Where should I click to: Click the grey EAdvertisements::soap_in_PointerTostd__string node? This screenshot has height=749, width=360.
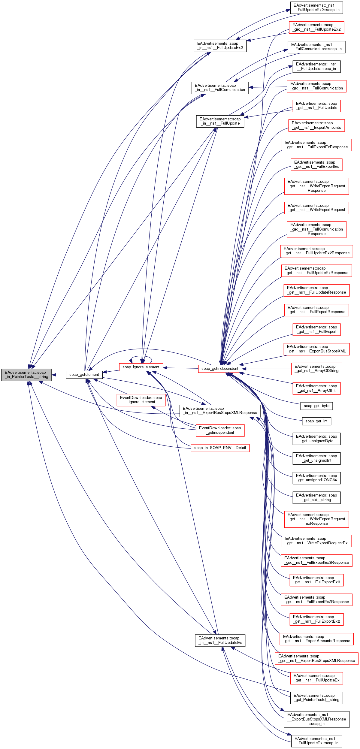pos(26,375)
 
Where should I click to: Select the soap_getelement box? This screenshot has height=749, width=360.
pos(84,375)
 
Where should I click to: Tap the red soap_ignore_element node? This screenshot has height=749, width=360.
pos(141,367)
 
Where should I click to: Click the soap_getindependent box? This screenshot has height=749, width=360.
pos(220,369)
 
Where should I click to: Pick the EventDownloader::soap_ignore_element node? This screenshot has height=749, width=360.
pos(141,400)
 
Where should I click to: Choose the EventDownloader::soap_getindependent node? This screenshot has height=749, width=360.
pos(220,430)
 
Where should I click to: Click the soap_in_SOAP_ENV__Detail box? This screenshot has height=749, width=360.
pos(220,448)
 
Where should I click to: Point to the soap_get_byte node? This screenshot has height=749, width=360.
pos(316,406)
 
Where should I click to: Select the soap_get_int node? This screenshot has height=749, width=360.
pos(316,421)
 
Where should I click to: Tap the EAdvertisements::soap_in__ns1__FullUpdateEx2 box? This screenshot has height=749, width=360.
pos(220,46)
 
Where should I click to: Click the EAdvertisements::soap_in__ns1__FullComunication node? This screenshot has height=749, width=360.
pos(220,88)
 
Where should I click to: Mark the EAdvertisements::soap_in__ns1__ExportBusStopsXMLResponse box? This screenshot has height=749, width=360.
pos(220,411)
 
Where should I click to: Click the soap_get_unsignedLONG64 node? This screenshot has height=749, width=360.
pos(316,478)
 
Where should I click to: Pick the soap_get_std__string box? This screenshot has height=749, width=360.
pos(316,497)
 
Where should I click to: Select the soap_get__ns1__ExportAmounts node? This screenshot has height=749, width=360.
pos(316,125)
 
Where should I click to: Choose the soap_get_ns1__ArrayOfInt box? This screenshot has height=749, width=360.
pos(316,388)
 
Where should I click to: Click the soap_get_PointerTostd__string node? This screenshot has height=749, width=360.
pos(316,697)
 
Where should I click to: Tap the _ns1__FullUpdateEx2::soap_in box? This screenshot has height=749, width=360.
pos(316,8)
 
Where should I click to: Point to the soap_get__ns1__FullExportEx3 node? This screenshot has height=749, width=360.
pos(316,580)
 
